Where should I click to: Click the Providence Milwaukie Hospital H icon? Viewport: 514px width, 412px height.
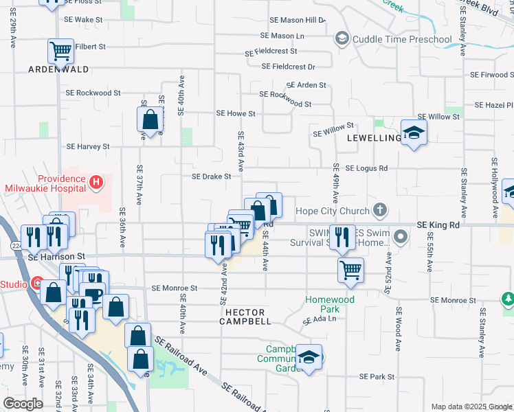coord(96,182)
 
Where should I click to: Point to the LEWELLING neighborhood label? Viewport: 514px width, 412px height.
coord(374,138)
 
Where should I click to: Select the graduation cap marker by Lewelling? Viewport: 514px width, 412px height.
coord(414,132)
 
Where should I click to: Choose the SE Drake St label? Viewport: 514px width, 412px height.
coord(211,176)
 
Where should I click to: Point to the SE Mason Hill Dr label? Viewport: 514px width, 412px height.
coord(297,21)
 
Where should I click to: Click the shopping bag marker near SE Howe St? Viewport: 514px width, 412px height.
coord(150,120)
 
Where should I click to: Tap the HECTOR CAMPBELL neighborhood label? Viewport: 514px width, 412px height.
coord(241,317)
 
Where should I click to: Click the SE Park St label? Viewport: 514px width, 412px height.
coord(377,377)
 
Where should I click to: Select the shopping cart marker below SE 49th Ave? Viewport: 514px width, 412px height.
coord(350,269)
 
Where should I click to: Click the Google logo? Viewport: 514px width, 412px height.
coord(22,404)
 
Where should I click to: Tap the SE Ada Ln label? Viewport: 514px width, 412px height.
coord(321,319)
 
